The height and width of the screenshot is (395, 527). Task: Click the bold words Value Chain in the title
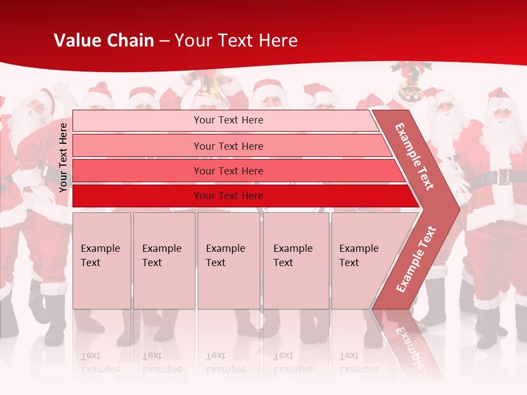[x=104, y=41]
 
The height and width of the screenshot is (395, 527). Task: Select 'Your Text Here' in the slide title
[x=236, y=41]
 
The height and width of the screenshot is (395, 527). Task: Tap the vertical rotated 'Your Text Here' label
[x=63, y=157]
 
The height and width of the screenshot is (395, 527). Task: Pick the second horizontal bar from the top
[x=228, y=146]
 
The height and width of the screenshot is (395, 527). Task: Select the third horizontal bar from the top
[x=228, y=171]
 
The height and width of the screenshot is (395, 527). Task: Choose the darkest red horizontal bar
[x=228, y=196]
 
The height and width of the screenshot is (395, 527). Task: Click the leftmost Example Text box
[x=102, y=261]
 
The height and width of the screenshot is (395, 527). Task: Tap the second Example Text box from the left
[x=164, y=261]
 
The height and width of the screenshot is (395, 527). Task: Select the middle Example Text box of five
[x=228, y=261]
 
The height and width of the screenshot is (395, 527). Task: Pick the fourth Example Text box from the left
[x=296, y=261]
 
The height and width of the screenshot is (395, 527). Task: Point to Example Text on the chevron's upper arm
[x=414, y=156]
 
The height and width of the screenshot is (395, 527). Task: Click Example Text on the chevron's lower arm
[x=416, y=259]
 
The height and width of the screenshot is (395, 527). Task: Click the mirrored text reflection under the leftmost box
[x=100, y=363]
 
